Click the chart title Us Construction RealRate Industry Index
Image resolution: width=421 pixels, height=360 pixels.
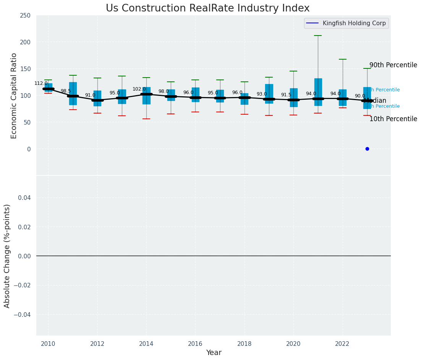207,8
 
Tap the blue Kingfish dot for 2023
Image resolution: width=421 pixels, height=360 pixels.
367,149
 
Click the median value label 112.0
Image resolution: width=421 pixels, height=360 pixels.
41,83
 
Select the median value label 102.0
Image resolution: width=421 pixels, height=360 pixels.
139,89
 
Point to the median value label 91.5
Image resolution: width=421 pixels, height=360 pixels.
286,95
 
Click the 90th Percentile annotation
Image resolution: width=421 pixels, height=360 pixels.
393,65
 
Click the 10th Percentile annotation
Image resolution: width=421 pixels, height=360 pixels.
393,119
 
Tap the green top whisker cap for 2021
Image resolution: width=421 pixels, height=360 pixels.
318,36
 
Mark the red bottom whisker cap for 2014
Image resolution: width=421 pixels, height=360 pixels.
146,119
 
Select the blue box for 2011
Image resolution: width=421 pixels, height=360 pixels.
73,93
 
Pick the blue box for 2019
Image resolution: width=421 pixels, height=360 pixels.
269,94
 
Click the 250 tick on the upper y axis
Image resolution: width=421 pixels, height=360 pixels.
26,15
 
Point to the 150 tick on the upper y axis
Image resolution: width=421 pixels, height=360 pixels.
26,69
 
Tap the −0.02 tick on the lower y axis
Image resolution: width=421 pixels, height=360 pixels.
23,285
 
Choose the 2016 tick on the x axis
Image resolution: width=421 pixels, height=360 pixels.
195,344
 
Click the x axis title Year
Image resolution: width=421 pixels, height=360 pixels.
214,353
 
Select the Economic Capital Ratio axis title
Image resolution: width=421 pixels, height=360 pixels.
14,96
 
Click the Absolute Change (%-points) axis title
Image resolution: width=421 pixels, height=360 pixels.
7,256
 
